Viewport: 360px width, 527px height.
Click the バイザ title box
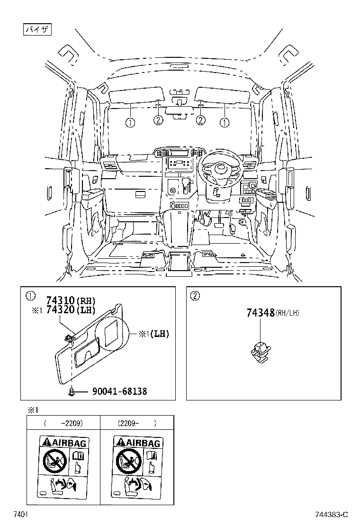37,29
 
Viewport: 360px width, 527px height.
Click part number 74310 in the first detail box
61,300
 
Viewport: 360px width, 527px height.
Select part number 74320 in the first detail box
61,309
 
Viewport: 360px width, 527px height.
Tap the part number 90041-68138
119,391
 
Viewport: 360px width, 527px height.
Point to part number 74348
261,313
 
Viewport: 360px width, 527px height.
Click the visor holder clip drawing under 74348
261,352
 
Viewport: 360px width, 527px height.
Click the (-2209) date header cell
63,423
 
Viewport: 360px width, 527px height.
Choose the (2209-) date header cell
137,423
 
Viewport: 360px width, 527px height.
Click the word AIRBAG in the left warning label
69,443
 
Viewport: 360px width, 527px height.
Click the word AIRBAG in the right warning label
143,443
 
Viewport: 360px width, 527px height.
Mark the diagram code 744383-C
332,515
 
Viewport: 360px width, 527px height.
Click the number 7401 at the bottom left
20,515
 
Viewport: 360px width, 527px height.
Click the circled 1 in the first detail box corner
30,296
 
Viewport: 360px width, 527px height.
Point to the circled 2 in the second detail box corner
195,296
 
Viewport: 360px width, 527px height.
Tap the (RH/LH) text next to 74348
288,313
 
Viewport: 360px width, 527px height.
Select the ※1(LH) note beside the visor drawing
154,334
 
